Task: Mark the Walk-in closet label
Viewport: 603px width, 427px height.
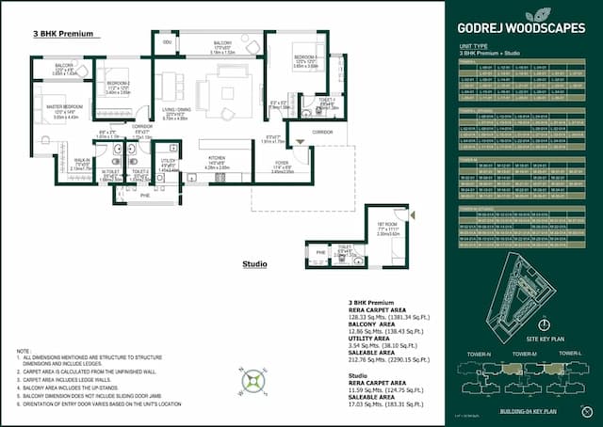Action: coord(82,163)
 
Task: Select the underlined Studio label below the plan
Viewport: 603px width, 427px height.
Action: coord(255,264)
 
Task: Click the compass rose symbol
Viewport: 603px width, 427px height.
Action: coord(253,381)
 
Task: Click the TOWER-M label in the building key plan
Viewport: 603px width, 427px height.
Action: coord(526,353)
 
